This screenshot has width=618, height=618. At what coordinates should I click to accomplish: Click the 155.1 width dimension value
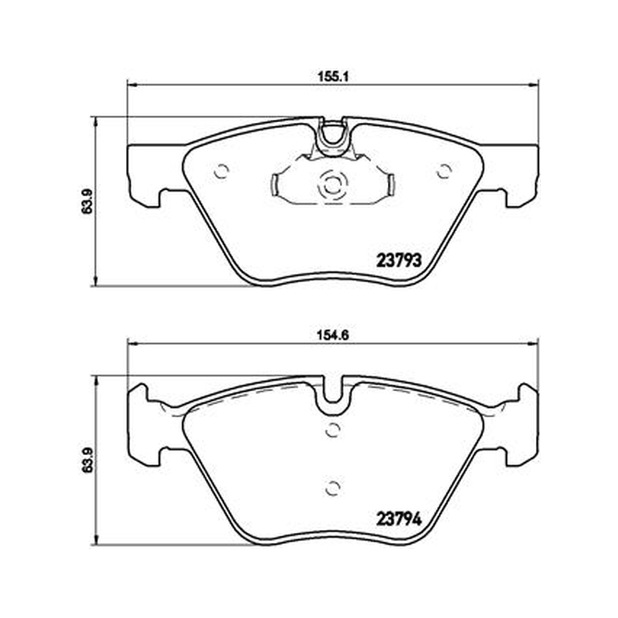click(334, 76)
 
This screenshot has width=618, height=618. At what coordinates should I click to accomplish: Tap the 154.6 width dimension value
click(334, 335)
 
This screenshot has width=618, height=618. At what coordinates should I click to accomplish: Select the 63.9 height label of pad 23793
click(87, 201)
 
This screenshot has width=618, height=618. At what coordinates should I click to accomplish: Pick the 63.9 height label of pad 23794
click(87, 460)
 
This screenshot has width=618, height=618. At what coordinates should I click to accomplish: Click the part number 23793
click(399, 260)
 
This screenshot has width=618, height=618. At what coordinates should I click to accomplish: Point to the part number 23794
click(399, 518)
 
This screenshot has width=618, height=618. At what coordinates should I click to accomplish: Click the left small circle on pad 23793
click(221, 171)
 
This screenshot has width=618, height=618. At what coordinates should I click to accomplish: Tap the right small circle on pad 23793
click(444, 171)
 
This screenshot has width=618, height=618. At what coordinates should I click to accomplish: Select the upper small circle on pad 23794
click(333, 430)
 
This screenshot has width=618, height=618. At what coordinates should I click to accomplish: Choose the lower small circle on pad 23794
click(333, 489)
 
